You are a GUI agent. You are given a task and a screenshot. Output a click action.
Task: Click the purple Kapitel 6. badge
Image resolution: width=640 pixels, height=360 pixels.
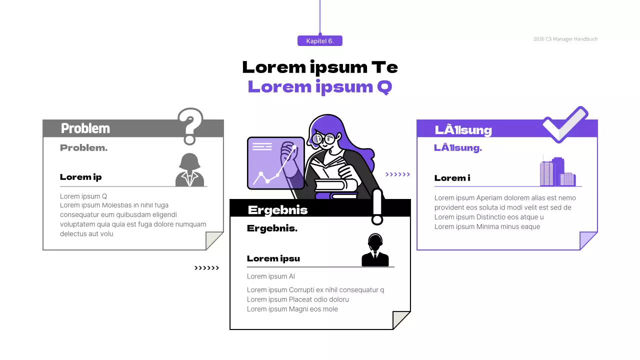pos(320,41)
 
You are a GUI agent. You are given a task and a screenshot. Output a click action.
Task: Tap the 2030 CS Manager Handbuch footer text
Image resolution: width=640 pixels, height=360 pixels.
pos(565,39)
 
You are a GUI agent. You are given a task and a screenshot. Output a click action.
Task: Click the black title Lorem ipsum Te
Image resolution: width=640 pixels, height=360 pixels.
pos(320,67)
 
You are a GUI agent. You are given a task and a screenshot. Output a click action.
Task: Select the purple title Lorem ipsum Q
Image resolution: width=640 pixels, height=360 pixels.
pos(320,86)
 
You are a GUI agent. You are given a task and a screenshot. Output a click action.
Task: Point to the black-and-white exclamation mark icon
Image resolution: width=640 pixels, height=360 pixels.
pos(377,206)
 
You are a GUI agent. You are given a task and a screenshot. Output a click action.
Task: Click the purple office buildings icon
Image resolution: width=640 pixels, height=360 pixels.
pos(557,171)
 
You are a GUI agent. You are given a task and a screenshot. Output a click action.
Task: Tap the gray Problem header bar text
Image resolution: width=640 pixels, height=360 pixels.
pos(85,128)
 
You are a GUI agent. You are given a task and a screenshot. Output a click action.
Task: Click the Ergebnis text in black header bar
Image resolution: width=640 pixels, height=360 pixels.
pos(278,210)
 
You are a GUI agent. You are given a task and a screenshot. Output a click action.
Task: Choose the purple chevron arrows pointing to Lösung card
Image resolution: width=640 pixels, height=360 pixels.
pos(397,174)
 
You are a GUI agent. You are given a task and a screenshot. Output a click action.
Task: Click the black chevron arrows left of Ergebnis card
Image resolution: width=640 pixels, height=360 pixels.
pos(206,268)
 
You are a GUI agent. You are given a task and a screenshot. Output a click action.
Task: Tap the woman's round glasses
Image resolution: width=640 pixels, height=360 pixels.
pos(323,138)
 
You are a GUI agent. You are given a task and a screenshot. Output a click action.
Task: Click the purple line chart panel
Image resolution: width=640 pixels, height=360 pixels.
pos(275,163)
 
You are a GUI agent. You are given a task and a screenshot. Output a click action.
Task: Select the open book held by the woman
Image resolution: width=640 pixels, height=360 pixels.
pos(327,167)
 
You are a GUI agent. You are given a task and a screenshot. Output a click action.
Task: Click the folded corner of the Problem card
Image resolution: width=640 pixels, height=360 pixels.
pos(213,240)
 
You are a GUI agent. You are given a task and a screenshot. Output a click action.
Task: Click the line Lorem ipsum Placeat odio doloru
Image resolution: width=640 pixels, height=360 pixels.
pos(298,299)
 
